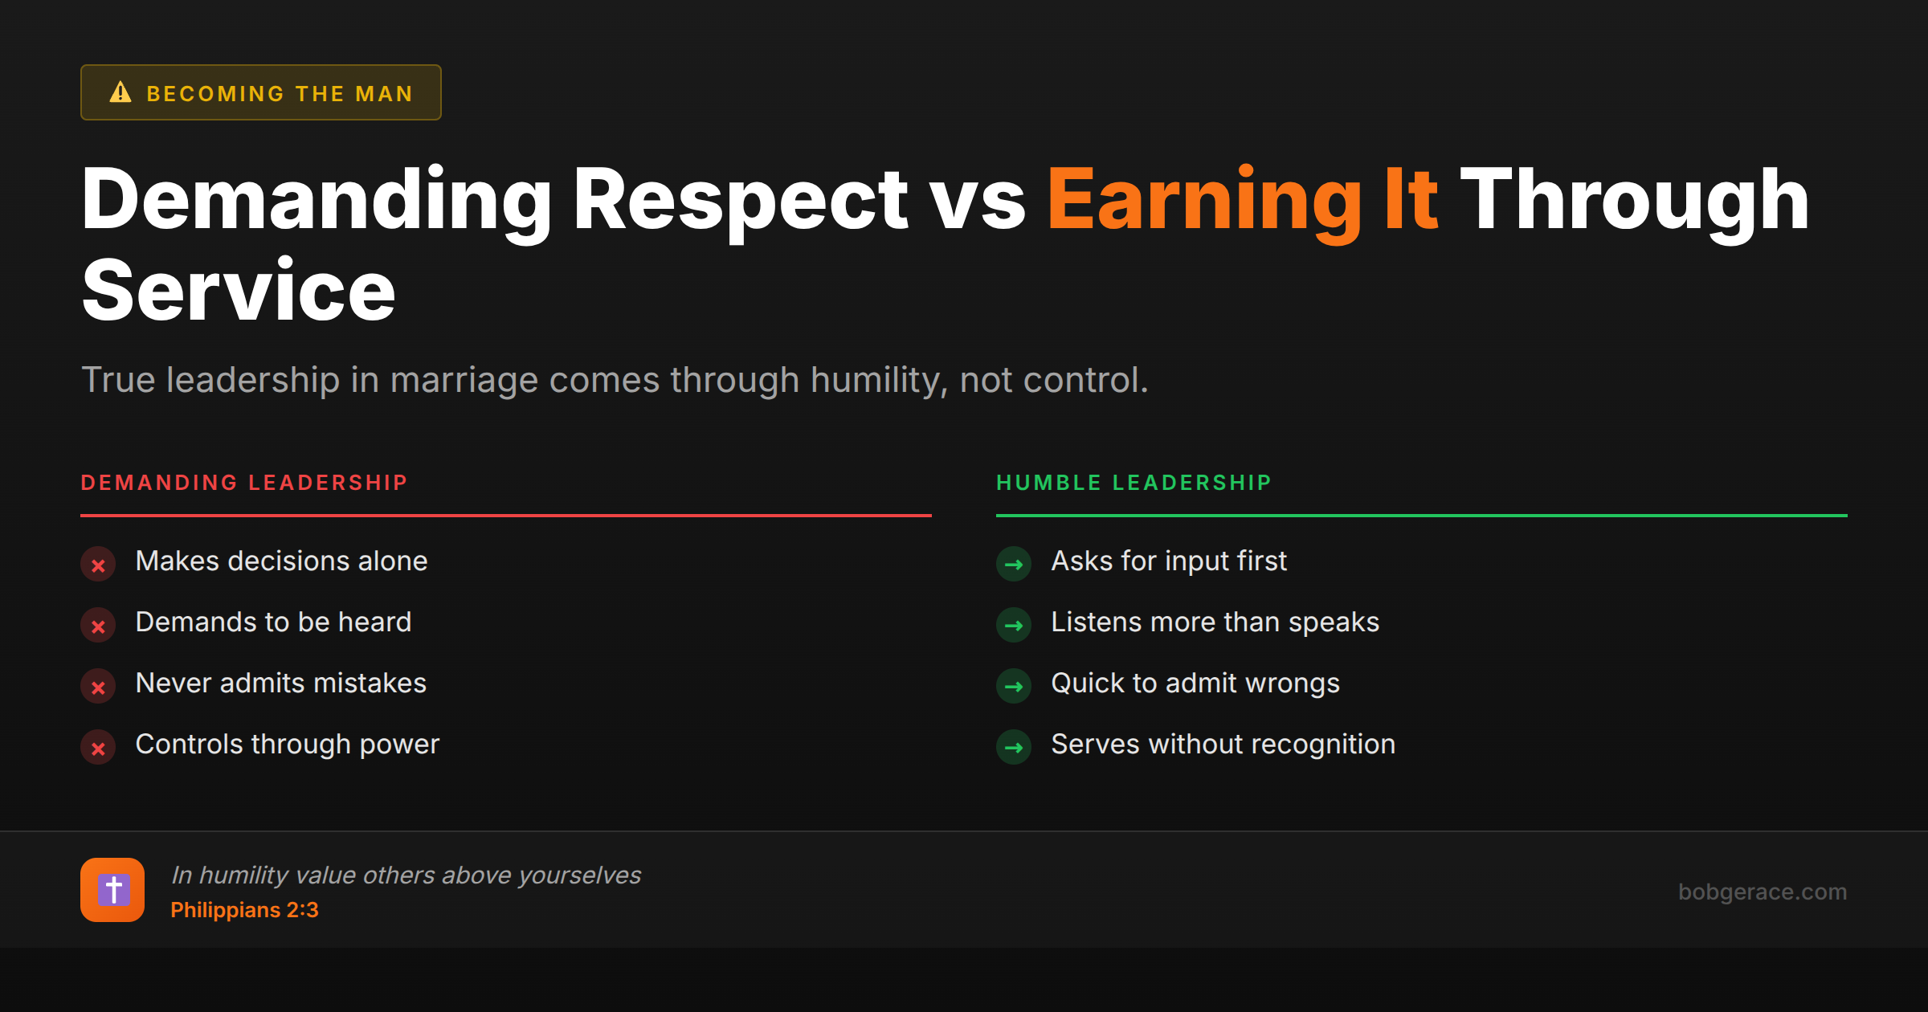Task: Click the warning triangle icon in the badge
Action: click(x=120, y=92)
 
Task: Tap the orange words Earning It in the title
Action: click(x=1242, y=200)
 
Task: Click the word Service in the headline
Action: click(x=239, y=292)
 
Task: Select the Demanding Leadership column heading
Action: click(x=244, y=483)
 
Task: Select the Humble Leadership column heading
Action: click(x=1134, y=483)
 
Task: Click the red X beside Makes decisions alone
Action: click(x=98, y=565)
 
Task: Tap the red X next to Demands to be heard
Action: click(x=98, y=626)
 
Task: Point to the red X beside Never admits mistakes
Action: click(x=98, y=687)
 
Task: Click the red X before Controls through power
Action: click(x=98, y=748)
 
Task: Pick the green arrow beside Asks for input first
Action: click(x=1014, y=565)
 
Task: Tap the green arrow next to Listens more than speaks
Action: click(x=1014, y=626)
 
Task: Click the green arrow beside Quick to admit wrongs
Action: click(x=1014, y=687)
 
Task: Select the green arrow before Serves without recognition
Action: click(x=1014, y=748)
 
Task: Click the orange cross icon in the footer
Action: click(x=112, y=890)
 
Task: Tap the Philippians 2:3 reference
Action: click(x=244, y=910)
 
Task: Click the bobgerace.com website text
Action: click(x=1762, y=892)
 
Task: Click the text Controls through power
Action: click(x=287, y=745)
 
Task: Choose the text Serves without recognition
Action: click(x=1223, y=745)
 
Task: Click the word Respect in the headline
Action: click(x=739, y=200)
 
